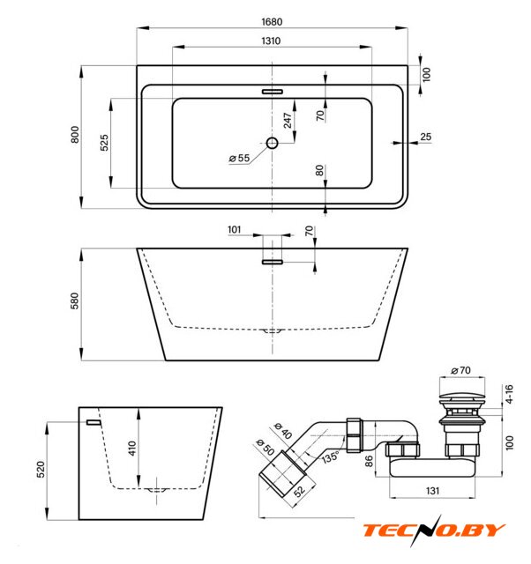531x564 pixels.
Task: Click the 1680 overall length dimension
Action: click(272, 22)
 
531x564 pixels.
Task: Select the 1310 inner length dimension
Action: click(271, 41)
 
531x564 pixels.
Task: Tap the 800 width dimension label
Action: click(74, 135)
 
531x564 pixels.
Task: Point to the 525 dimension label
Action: click(104, 143)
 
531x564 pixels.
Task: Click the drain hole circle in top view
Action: click(273, 143)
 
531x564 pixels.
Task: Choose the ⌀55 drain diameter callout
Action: click(239, 158)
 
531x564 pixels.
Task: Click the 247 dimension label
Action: click(288, 121)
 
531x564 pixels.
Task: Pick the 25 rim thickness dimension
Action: click(425, 137)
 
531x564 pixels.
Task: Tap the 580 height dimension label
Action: click(74, 301)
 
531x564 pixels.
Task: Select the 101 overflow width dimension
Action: click(234, 229)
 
